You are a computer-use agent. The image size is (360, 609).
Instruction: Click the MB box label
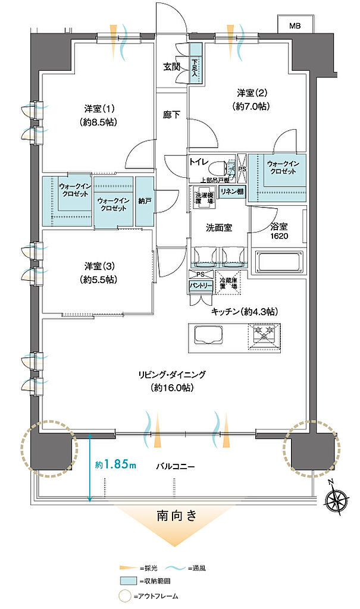(295, 26)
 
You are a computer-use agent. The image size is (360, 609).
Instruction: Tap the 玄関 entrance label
(173, 67)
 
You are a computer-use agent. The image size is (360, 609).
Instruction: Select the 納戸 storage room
(144, 201)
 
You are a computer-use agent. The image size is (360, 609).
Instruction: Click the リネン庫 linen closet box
(232, 192)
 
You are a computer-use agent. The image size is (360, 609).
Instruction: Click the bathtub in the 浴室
(279, 261)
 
